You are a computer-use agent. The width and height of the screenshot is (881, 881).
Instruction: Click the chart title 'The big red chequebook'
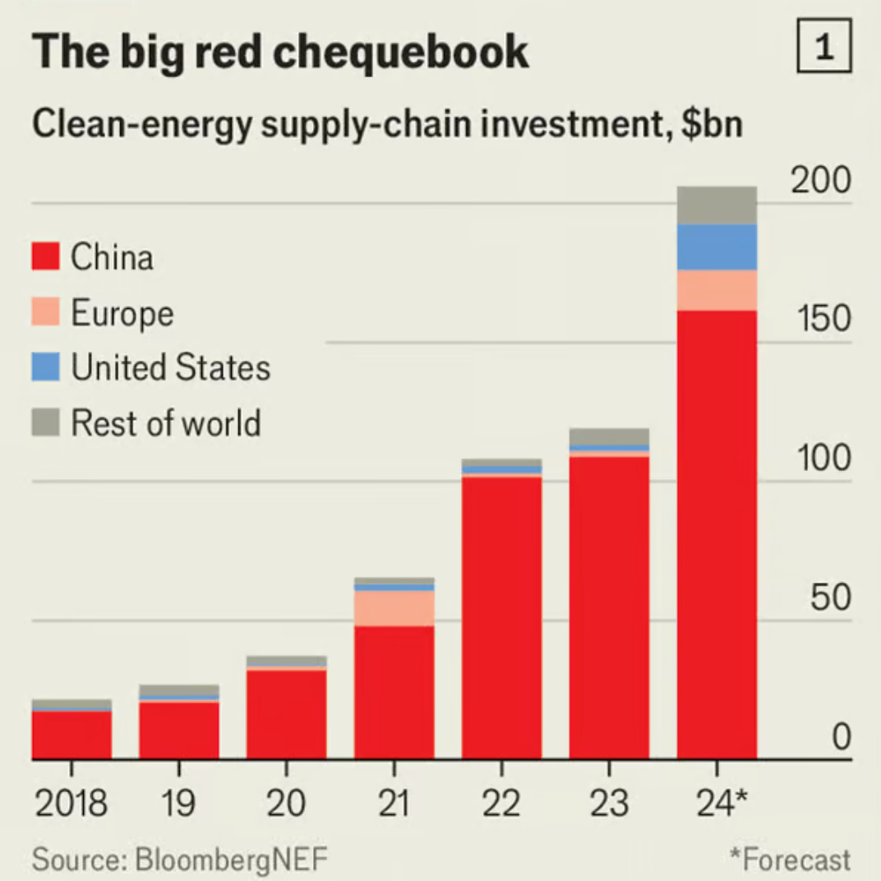[280, 52]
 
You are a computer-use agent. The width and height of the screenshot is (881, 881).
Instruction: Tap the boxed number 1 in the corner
[824, 48]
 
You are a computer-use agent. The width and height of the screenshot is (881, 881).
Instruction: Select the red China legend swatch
[46, 256]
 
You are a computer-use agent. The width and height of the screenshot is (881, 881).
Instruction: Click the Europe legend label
[122, 313]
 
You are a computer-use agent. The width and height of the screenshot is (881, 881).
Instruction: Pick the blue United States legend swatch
[46, 367]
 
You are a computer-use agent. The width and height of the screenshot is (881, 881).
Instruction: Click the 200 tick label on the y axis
[821, 181]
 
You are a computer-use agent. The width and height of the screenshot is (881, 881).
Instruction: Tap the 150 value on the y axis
[821, 319]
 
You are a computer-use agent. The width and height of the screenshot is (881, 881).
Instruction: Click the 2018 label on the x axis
[71, 803]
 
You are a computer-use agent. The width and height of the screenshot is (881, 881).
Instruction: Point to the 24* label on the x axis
[717, 803]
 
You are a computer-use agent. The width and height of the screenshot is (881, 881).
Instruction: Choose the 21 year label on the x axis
[394, 803]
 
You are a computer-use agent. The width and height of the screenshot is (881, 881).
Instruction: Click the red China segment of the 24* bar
[717, 534]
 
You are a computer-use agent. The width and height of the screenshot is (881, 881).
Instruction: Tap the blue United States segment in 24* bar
[717, 247]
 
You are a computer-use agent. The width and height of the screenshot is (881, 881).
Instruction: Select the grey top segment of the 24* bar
[717, 205]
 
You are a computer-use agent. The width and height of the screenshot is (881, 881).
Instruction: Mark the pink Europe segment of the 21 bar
[394, 608]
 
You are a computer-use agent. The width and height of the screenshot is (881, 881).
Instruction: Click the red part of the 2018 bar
[71, 735]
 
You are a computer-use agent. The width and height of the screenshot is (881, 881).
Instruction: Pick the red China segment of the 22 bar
[501, 616]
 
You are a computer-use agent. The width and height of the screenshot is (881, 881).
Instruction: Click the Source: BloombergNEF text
[179, 860]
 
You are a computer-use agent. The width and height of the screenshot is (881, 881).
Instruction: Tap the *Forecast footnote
[790, 860]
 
